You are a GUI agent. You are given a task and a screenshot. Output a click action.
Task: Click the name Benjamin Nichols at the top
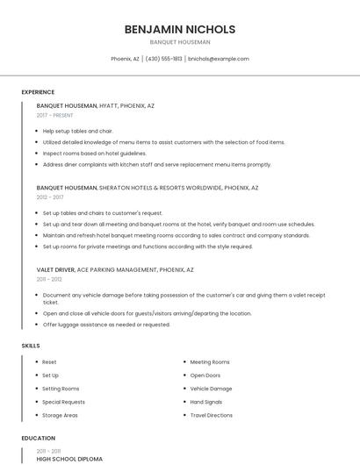coord(180,29)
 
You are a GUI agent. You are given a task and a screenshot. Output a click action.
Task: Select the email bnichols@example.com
coord(220,59)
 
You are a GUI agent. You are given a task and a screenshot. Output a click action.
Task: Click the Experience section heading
coord(38,92)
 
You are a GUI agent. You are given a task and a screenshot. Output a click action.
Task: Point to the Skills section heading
coord(31,346)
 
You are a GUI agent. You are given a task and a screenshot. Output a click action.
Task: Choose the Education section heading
coord(39,438)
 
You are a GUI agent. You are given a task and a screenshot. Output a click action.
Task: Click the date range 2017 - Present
coord(55,115)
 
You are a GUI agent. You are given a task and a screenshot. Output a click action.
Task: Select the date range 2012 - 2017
coord(50,197)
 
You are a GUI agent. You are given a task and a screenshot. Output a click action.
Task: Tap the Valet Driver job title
coord(55,269)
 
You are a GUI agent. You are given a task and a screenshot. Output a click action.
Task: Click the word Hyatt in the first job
coord(110,105)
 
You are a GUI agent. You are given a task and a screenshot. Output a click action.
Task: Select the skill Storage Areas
coord(60,415)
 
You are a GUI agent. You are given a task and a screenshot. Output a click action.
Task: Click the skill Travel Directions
coord(212,415)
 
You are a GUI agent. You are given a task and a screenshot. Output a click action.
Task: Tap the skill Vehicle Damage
coord(211,388)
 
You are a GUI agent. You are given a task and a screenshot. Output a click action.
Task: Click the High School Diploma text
coord(69,458)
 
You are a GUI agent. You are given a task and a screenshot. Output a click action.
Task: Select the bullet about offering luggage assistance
coord(106,325)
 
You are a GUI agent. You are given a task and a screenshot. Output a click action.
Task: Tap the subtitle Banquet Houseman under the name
coord(180,41)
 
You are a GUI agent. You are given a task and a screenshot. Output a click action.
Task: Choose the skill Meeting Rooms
coord(210,361)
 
